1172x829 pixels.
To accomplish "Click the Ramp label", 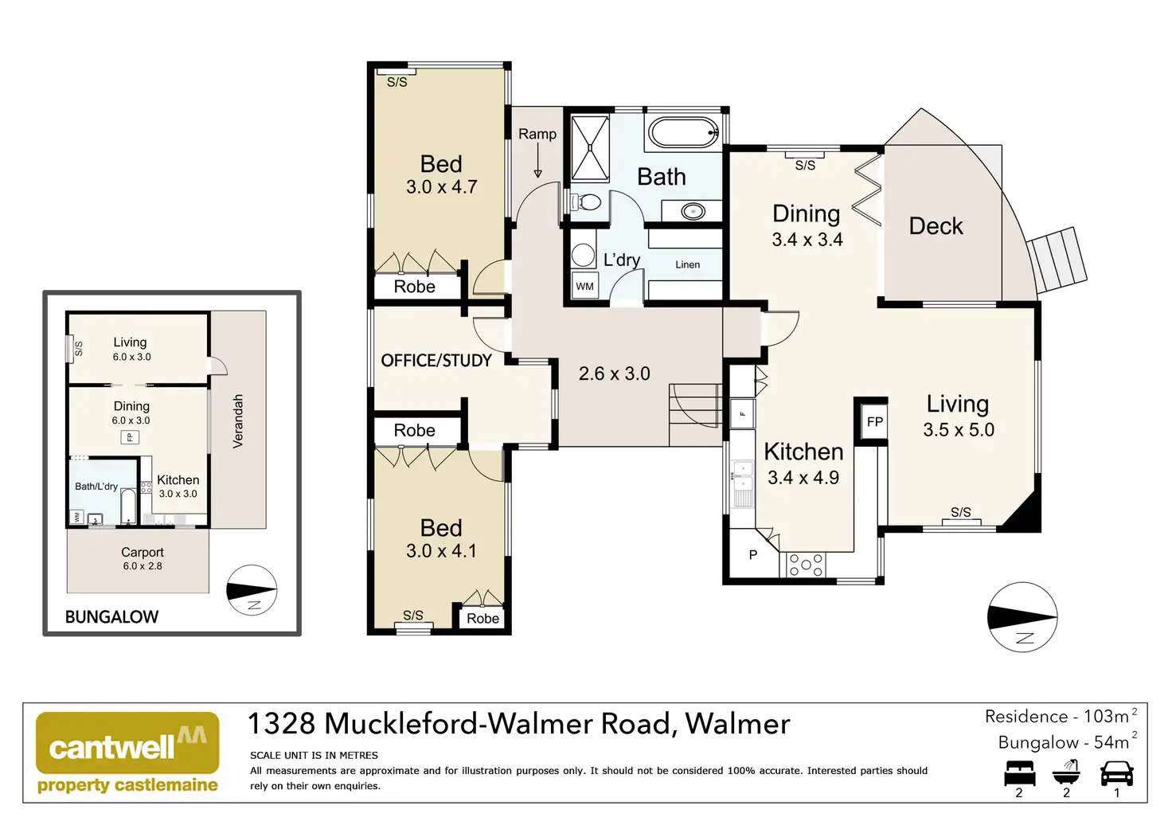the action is pyautogui.click(x=537, y=134).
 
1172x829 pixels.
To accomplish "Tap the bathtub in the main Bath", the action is pyautogui.click(x=683, y=132).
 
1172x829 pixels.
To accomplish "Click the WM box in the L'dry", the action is pyautogui.click(x=585, y=286).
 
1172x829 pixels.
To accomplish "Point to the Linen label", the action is pyautogui.click(x=687, y=264).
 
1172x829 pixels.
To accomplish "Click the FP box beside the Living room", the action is pyautogui.click(x=875, y=421).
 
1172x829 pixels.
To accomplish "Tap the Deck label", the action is pyautogui.click(x=936, y=226).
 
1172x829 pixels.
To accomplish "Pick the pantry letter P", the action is pyautogui.click(x=753, y=555).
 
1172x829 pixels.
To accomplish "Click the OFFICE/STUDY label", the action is pyautogui.click(x=436, y=361).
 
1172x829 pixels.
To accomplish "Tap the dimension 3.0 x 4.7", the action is pyautogui.click(x=441, y=187).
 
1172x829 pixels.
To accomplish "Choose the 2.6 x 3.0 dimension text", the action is pyautogui.click(x=614, y=373).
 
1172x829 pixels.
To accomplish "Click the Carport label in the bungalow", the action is pyautogui.click(x=143, y=552).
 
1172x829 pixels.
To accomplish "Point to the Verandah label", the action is pyautogui.click(x=238, y=421).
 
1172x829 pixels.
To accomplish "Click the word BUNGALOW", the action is pyautogui.click(x=111, y=616).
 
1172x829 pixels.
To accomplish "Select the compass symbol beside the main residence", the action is pyautogui.click(x=1022, y=617).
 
